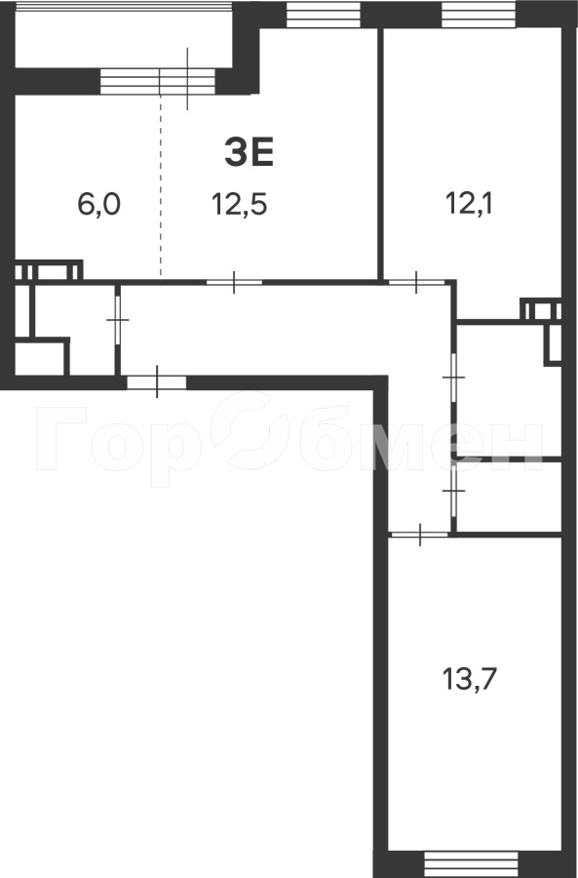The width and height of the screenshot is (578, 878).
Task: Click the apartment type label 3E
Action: click(x=249, y=153)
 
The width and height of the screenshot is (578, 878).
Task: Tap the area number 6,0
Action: click(x=99, y=204)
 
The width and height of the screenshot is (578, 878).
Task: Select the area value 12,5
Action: click(x=240, y=204)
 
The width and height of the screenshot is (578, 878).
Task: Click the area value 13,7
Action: click(x=470, y=680)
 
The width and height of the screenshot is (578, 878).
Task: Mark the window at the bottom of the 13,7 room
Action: click(x=471, y=863)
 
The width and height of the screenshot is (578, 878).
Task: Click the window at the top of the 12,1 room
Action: click(x=479, y=15)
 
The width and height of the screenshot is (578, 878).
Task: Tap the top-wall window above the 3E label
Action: click(x=324, y=15)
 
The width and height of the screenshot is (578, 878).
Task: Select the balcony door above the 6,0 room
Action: click(x=158, y=82)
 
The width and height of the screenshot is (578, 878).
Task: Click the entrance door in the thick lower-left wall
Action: click(x=157, y=382)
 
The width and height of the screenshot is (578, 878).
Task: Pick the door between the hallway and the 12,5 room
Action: click(x=234, y=282)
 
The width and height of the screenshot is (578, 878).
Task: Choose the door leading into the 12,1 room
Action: click(x=416, y=282)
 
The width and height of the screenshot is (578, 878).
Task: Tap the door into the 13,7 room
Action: click(x=420, y=535)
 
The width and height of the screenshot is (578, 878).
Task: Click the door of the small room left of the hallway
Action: click(x=118, y=320)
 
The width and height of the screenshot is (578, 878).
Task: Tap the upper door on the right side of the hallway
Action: click(x=454, y=378)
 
